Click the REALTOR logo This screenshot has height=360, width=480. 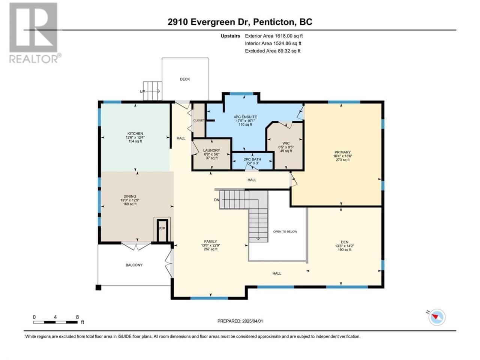click(35, 33)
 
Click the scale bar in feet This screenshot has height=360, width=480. click(55, 322)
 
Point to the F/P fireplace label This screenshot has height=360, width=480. click(162, 229)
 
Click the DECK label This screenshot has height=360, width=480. click(185, 79)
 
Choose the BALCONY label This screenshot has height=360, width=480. click(134, 265)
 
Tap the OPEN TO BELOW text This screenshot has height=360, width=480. click(285, 231)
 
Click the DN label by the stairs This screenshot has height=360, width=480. click(216, 200)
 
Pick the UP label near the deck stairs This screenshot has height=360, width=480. click(142, 91)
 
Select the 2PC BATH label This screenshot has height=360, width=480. click(252, 159)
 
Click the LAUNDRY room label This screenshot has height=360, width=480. click(211, 150)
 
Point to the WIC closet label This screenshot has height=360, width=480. click(286, 143)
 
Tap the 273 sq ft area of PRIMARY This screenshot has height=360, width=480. click(343, 160)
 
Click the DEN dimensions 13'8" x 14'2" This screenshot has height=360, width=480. click(344, 246)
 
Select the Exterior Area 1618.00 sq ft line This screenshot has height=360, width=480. click(274, 36)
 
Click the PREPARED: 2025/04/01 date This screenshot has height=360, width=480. click(240, 321)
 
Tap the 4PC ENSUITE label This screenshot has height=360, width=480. click(245, 117)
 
